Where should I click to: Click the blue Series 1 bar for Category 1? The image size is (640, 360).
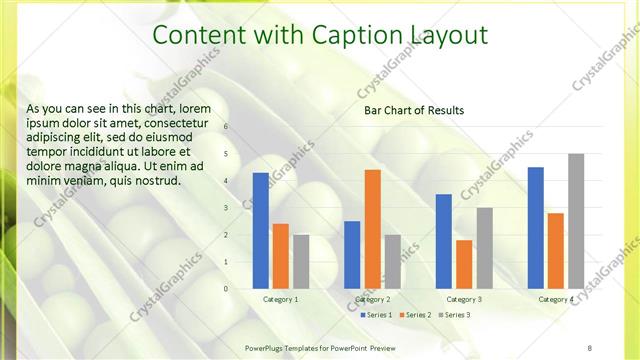261,230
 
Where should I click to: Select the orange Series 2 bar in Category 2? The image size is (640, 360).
372,229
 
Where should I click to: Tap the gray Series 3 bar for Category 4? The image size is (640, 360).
576,221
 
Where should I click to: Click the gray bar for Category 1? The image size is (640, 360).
301,261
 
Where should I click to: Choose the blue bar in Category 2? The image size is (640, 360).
352,254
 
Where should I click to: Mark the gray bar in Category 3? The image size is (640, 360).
484,248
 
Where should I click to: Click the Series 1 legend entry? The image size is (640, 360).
376,315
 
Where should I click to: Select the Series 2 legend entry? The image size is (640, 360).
415,315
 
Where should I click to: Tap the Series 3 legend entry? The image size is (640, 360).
455,315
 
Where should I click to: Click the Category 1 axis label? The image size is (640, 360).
281,299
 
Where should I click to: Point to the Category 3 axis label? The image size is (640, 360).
464,299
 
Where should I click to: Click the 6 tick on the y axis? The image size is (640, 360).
226,127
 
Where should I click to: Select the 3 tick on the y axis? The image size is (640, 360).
226,208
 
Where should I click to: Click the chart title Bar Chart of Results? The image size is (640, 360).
413,110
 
